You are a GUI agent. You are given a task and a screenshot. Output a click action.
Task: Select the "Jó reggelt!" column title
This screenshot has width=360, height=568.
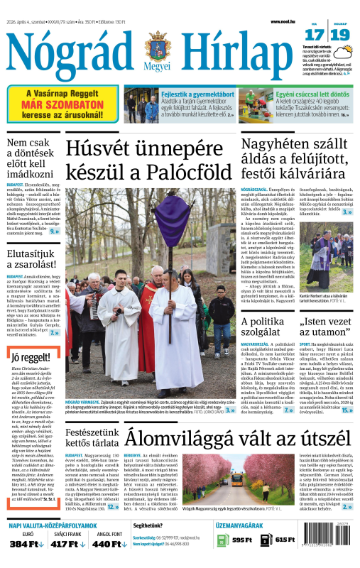(26, 357)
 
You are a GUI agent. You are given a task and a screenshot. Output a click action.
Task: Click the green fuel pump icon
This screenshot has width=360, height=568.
(221, 540)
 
